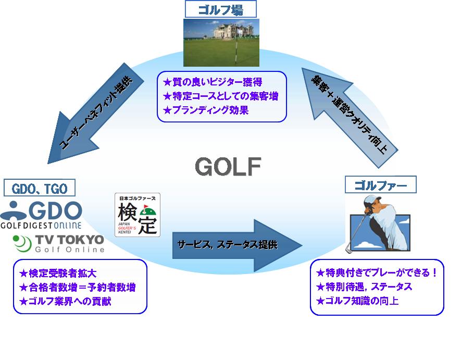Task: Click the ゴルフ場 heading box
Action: (221, 9)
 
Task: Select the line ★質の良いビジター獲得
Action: (213, 82)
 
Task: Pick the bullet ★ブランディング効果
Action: (206, 110)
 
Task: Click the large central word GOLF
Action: (228, 166)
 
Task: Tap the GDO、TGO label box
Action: (40, 187)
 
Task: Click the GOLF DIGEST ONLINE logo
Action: (42, 215)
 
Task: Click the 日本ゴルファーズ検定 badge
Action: (138, 215)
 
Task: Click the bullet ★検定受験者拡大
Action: (58, 273)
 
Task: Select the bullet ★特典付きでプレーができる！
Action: (377, 272)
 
